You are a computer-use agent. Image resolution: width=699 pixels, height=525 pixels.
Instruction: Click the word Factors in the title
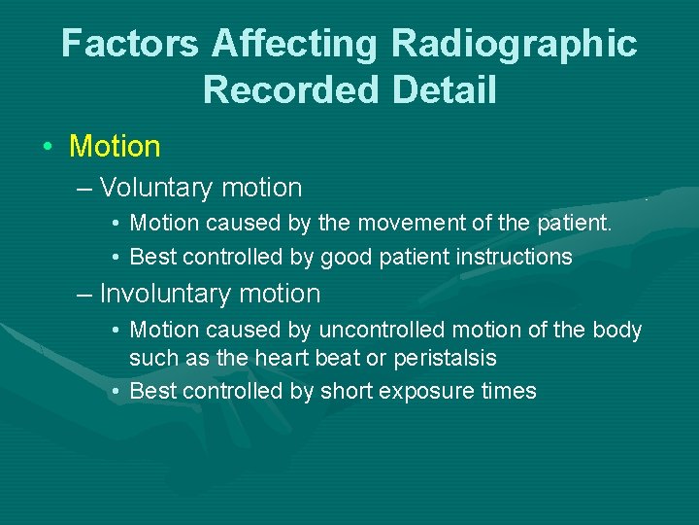pos(130,44)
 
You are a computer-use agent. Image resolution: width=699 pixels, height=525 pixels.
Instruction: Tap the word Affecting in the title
pos(296,44)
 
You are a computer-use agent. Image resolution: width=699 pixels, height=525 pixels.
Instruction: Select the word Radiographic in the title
pos(515,44)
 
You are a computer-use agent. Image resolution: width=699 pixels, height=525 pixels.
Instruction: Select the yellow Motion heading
pos(115,147)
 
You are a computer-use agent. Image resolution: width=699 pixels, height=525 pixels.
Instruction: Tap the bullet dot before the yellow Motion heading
pos(48,148)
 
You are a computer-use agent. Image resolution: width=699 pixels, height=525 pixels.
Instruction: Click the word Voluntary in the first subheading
pos(157,188)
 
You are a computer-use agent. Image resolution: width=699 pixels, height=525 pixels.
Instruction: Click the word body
pos(619,331)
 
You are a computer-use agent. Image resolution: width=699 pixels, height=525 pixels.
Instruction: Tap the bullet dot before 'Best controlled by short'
pos(115,392)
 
